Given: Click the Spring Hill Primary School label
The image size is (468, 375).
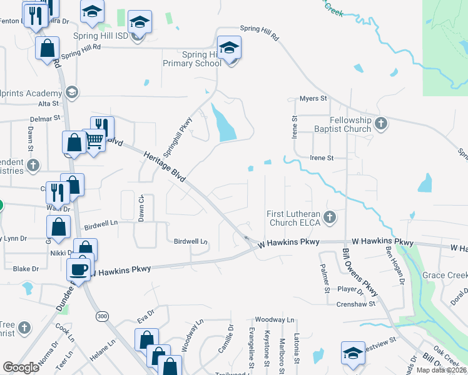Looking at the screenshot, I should [x=192, y=59].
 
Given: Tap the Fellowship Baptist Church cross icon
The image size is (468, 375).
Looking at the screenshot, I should [x=382, y=124].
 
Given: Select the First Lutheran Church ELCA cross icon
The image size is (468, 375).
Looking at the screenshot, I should [x=331, y=218].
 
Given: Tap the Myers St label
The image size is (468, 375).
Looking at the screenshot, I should [x=313, y=99].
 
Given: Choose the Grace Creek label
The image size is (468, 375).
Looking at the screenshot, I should [x=445, y=275].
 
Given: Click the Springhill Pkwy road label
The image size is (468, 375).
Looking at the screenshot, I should [x=176, y=136].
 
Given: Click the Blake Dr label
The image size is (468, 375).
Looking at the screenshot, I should [x=26, y=269].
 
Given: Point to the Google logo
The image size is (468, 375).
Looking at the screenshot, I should [x=21, y=367].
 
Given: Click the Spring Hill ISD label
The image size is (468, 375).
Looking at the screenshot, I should [x=100, y=36].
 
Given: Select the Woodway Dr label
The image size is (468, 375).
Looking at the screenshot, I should [x=270, y=319].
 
